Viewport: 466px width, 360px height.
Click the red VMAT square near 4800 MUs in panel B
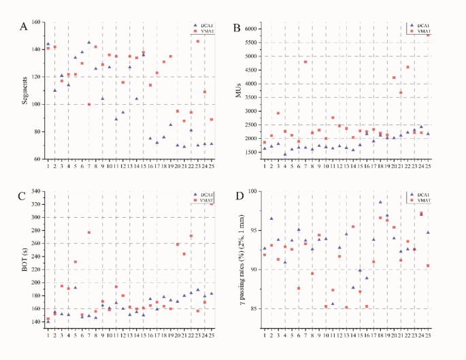[x=305, y=62]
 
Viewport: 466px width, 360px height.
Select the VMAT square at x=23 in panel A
[x=198, y=42]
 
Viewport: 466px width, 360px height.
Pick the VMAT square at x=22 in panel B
[x=407, y=67]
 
